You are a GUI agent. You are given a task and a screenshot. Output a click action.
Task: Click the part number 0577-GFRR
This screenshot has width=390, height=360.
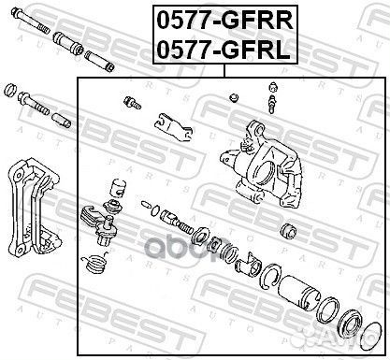tap(224, 21)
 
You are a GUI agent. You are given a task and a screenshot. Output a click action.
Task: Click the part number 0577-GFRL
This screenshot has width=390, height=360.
tap(224, 50)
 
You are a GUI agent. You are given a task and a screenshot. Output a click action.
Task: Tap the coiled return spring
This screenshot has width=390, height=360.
tap(94, 261)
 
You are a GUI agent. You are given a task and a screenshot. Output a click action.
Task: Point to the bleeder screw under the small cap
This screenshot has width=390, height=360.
tap(272, 105)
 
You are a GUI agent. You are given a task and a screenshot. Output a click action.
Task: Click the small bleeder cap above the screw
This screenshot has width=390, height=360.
tap(273, 87)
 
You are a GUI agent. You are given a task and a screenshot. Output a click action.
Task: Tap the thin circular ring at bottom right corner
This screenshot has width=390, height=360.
tap(372, 337)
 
